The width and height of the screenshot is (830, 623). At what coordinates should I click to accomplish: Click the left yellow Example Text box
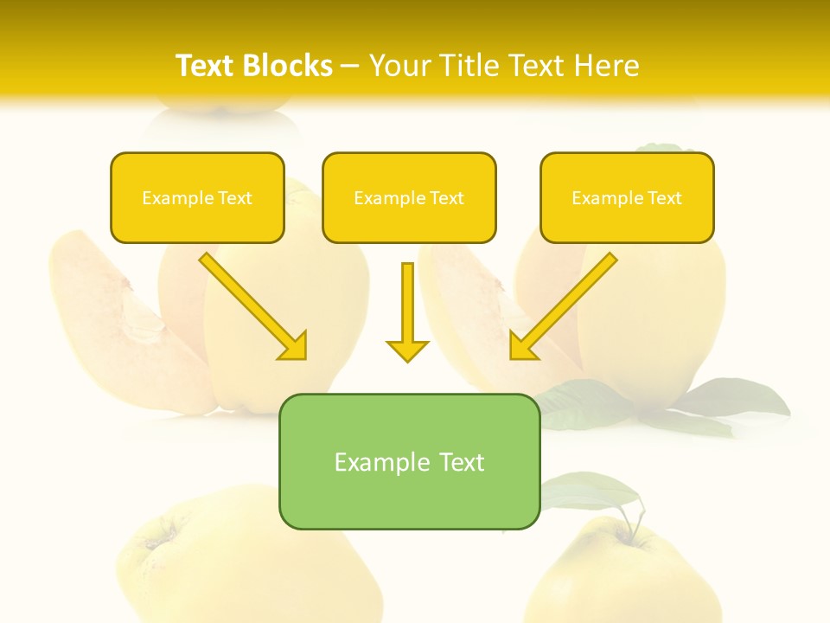197,197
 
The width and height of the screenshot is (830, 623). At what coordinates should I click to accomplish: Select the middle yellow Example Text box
409,197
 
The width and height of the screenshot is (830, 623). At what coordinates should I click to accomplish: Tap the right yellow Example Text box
627,197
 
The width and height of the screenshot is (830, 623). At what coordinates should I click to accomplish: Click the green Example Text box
409,461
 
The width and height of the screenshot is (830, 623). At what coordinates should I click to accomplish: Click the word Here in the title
607,66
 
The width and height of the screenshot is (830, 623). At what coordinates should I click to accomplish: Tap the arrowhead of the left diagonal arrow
294,346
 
